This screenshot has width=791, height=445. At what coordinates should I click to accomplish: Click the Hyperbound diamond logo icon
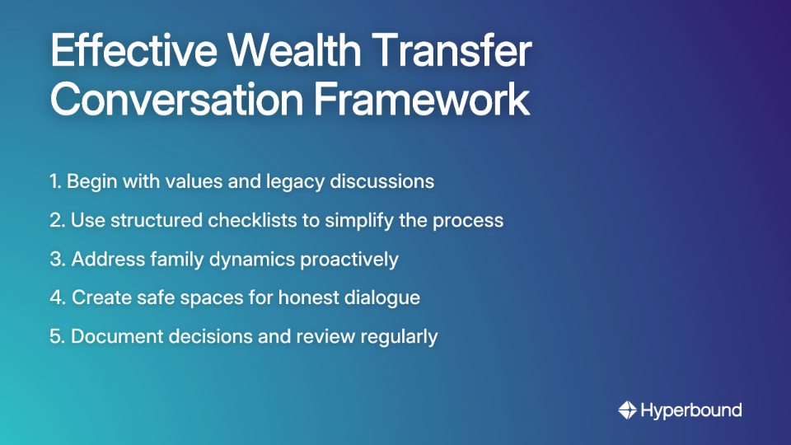(627, 410)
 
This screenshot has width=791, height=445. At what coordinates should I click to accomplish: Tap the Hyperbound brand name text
(691, 410)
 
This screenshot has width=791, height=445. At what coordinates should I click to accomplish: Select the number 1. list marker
(55, 181)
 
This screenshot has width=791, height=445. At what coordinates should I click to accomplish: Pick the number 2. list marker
(57, 220)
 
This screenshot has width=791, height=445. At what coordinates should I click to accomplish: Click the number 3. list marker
(57, 259)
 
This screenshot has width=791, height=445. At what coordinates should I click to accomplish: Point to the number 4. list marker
(58, 297)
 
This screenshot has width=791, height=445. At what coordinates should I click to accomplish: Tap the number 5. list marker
(57, 336)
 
